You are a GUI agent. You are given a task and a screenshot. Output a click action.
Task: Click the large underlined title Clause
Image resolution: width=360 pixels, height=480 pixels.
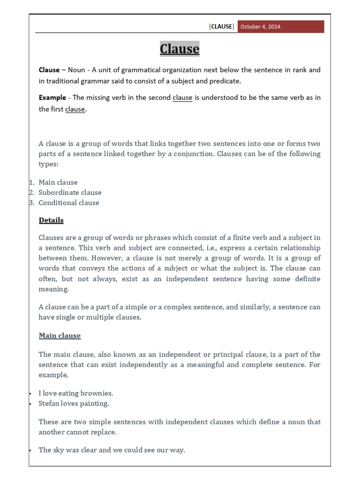180,49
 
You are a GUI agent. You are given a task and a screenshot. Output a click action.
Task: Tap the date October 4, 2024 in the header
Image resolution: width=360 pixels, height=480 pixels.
261,27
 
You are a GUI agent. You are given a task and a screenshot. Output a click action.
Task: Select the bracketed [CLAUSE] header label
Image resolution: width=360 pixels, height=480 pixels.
221,27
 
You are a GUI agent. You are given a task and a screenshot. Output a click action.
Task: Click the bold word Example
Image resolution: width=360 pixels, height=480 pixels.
52,98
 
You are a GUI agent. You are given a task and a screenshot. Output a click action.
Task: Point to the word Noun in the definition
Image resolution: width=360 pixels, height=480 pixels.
76,70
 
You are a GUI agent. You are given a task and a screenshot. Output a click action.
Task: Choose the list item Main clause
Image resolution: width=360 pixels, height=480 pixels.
58,182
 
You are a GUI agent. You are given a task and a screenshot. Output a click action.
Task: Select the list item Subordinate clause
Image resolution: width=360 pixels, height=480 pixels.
70,193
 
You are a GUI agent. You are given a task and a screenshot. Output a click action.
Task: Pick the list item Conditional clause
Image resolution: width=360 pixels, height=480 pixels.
69,203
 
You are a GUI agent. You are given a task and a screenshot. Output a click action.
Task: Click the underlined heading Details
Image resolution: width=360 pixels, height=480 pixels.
51,220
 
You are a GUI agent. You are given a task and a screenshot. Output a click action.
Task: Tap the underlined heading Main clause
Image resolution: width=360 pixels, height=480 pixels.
60,336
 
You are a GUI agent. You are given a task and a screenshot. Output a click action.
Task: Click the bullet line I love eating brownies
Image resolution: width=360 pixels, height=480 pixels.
76,393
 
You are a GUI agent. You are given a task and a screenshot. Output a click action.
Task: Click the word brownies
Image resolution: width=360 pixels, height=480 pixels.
97,393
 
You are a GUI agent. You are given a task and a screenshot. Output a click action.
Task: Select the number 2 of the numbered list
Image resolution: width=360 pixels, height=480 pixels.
31,193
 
